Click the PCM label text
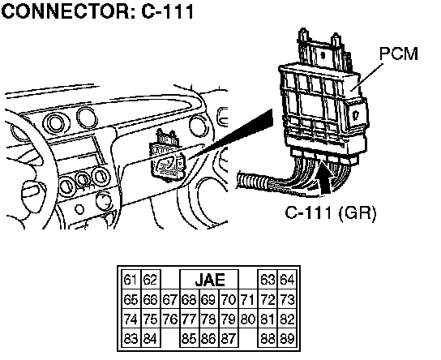[x=399, y=54]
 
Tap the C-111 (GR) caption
[x=331, y=212]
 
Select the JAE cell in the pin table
[x=209, y=280]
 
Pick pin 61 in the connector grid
[x=131, y=280]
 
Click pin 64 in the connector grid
[x=287, y=280]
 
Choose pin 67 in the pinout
[x=170, y=299]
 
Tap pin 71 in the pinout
[x=248, y=299]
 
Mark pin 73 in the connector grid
[x=287, y=299]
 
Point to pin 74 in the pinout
[x=131, y=319]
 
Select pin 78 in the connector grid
[x=208, y=319]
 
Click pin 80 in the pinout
[x=248, y=319]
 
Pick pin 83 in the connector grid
[x=131, y=338]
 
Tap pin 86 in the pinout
[x=208, y=338]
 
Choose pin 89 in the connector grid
[x=287, y=338]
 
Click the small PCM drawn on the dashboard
[x=168, y=156]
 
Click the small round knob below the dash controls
[x=79, y=209]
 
